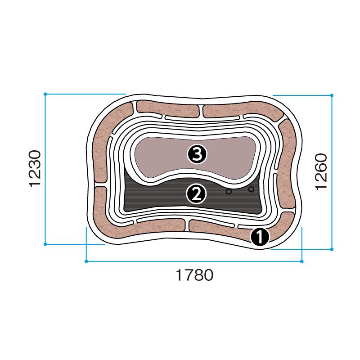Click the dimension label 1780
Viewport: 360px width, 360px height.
194,275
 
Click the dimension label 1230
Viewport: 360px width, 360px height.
35,168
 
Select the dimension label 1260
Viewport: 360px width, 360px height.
321,171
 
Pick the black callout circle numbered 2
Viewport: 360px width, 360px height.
196,194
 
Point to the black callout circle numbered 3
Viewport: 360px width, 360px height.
197,154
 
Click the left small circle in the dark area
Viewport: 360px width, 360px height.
229,191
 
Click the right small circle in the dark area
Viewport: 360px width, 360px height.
252,189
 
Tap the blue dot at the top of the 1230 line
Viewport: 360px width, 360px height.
45,94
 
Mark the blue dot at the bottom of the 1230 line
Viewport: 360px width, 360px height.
45,244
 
